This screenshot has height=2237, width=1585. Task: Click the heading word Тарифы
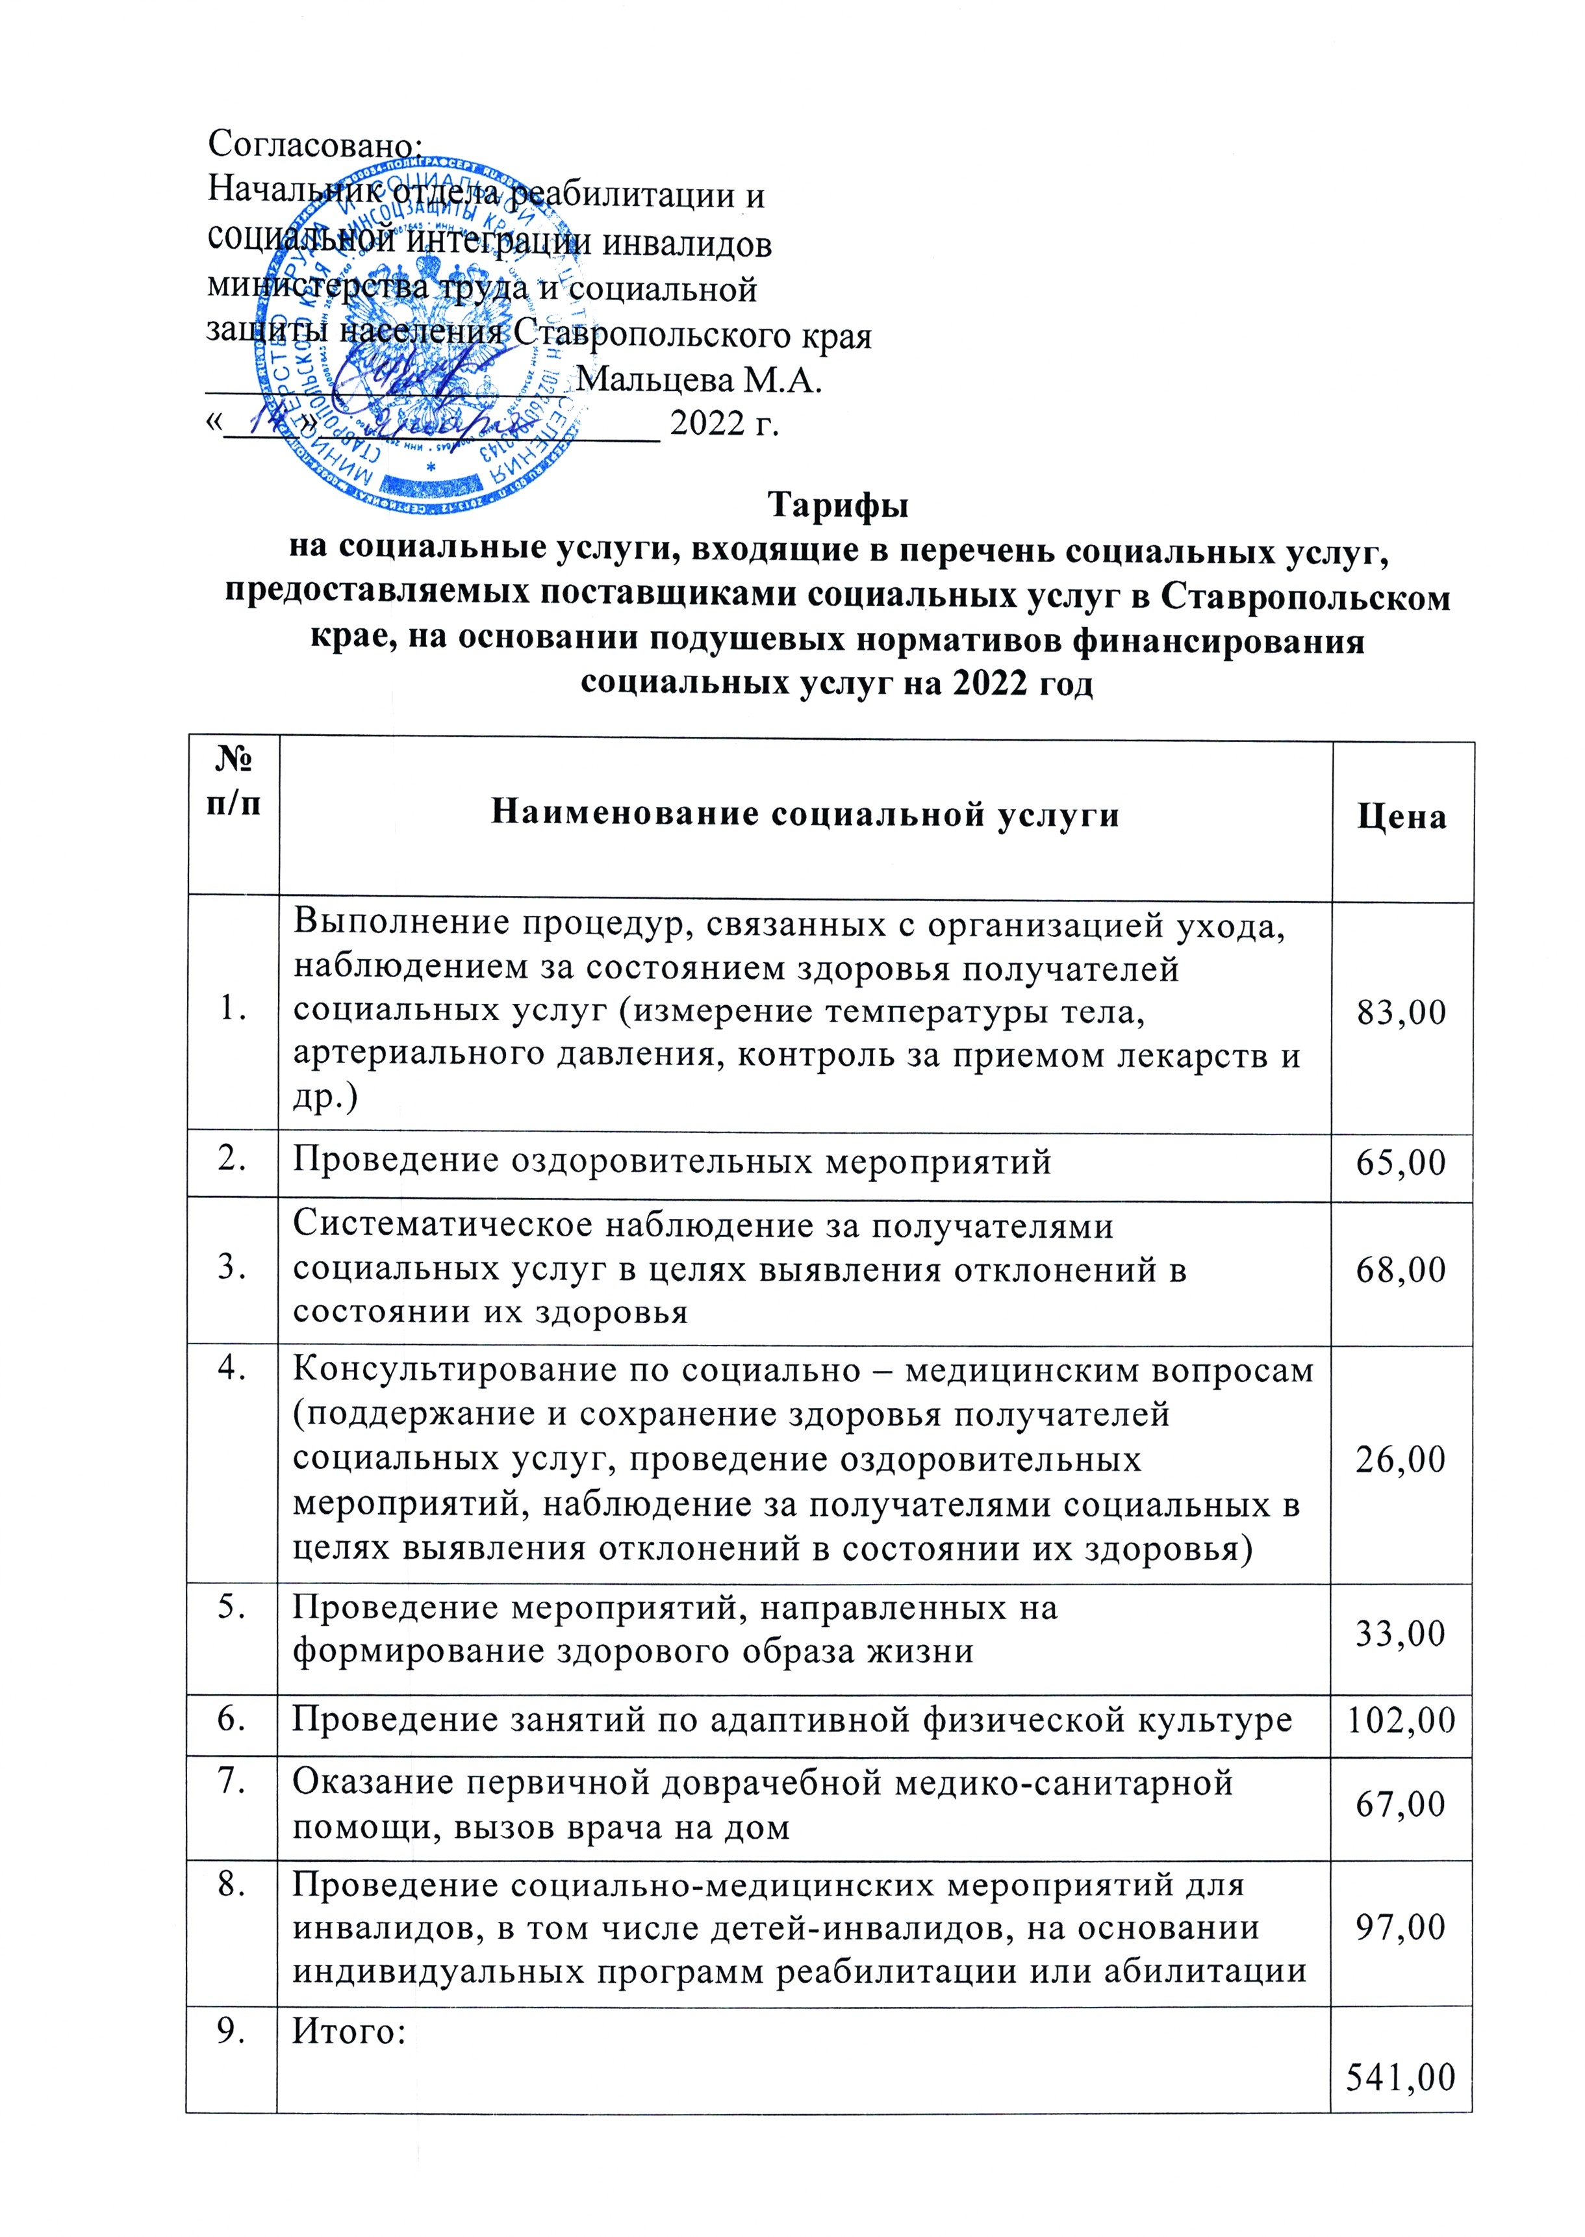pos(837,505)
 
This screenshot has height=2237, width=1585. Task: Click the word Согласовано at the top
pos(314,144)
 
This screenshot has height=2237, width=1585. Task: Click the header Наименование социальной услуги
pos(805,814)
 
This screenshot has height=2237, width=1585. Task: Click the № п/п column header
pos(233,782)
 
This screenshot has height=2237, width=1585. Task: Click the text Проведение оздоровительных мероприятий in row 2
pos(672,1162)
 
